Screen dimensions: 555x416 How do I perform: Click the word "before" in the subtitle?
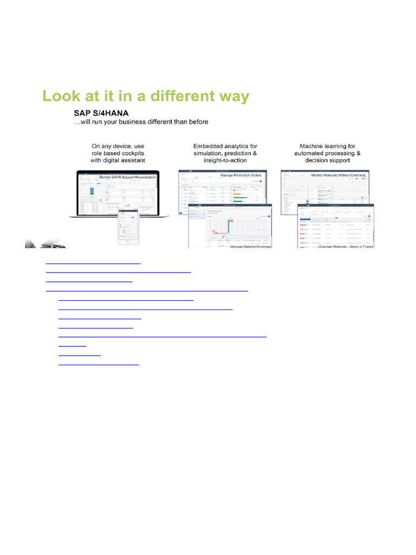(x=197, y=122)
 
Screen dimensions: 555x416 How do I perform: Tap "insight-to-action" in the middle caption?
(x=225, y=160)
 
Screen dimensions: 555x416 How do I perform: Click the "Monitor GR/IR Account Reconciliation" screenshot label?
(x=128, y=177)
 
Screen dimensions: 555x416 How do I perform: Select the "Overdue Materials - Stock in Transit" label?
(x=347, y=247)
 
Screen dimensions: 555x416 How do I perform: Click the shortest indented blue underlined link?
(x=72, y=345)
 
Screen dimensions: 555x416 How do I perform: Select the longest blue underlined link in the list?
(x=162, y=336)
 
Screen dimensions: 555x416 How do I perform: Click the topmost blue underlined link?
(x=93, y=262)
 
